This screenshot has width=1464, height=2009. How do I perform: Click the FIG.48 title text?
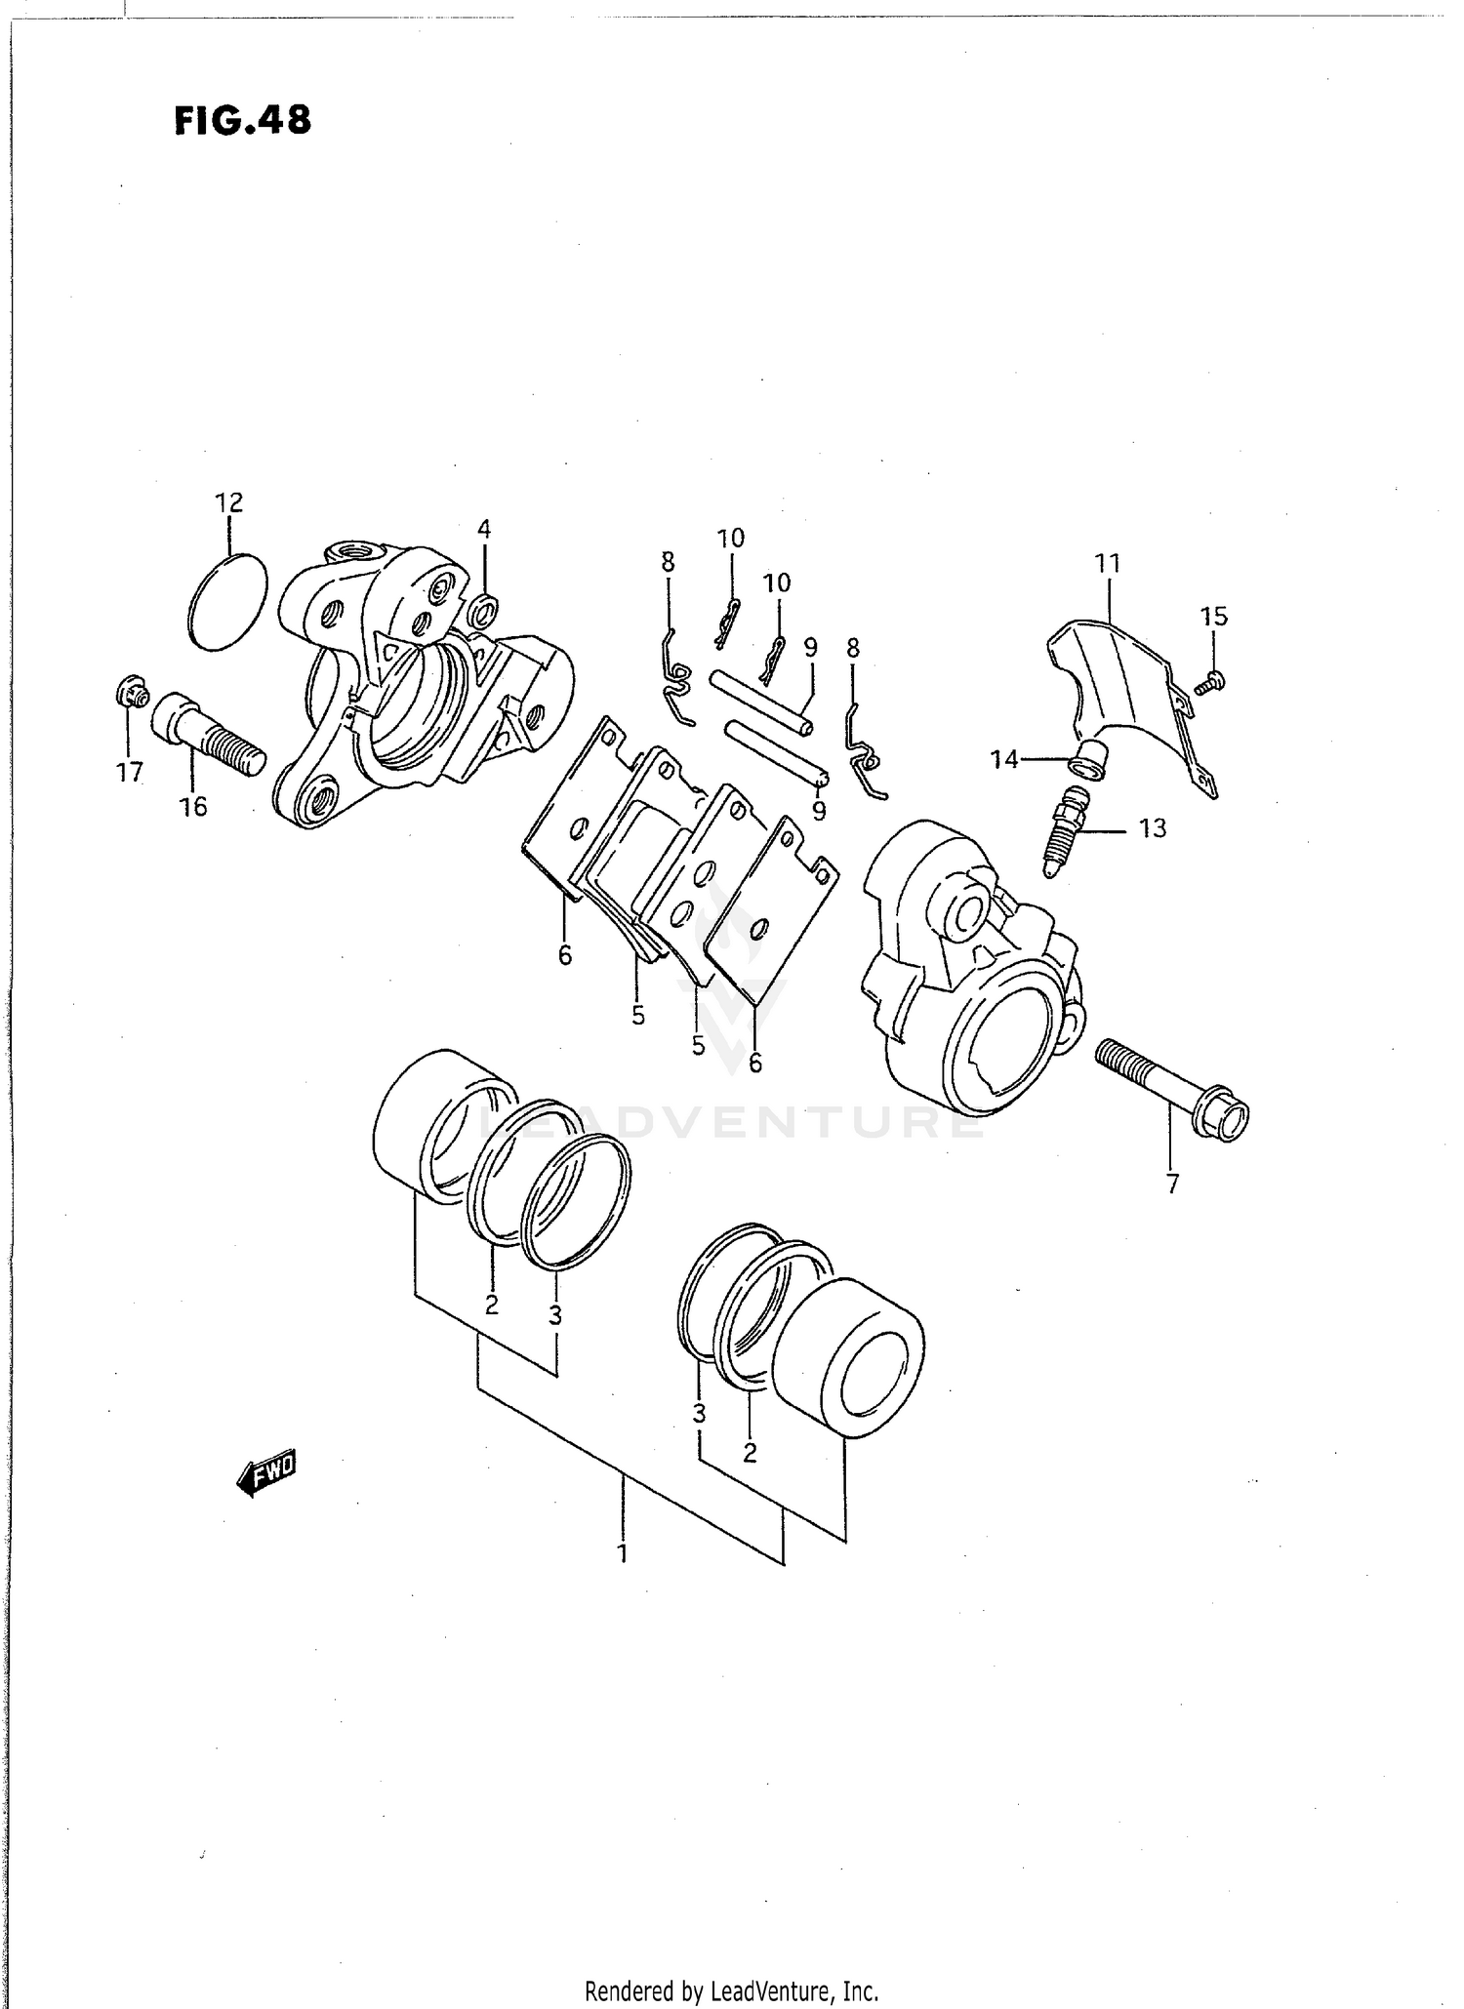click(x=243, y=120)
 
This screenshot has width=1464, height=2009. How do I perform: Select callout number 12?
click(x=228, y=502)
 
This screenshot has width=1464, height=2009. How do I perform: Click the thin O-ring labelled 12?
click(x=227, y=602)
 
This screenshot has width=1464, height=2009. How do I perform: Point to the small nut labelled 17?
click(x=131, y=695)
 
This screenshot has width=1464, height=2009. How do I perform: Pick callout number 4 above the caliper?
click(x=484, y=530)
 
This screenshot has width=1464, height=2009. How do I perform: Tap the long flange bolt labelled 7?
click(x=1172, y=1089)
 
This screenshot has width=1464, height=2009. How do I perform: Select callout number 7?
click(x=1172, y=1184)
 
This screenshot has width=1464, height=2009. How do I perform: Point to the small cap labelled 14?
click(x=1091, y=760)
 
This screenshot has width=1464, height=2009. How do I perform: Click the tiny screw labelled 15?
click(x=1210, y=682)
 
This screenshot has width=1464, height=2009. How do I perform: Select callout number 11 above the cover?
click(x=1108, y=563)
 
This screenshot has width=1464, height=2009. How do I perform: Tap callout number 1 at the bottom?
click(x=623, y=1552)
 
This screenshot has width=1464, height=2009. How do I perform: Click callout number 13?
click(x=1152, y=828)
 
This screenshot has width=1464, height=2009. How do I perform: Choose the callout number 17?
click(x=129, y=772)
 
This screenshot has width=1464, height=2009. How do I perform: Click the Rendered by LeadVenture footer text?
click(x=731, y=1990)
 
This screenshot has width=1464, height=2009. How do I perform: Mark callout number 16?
click(x=193, y=807)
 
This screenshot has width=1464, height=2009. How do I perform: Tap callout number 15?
click(x=1214, y=616)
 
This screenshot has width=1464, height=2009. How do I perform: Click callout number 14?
click(x=1004, y=759)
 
